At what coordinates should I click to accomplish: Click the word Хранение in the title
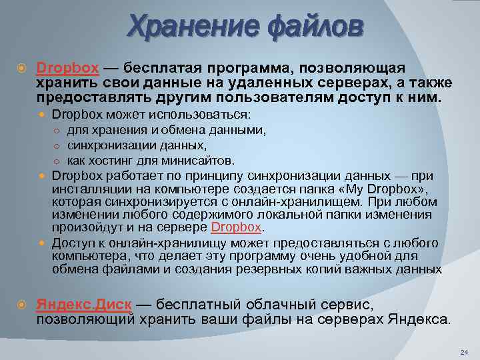(184, 27)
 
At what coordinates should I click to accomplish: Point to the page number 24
(464, 351)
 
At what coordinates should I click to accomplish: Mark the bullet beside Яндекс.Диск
(22, 304)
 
